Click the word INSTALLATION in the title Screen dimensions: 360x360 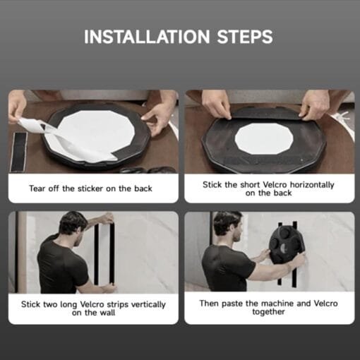[147, 37]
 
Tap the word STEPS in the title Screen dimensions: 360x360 [245, 37]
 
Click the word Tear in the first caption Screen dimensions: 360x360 [37, 188]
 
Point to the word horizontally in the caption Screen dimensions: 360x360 [312, 185]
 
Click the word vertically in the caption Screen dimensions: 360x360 [148, 304]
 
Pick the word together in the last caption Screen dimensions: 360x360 [268, 312]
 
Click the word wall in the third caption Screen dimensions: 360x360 [107, 313]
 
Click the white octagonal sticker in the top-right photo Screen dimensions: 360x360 [264, 139]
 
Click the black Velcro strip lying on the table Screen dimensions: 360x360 [19, 151]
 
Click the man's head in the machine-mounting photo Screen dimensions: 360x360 [228, 226]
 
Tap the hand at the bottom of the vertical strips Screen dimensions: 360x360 [108, 288]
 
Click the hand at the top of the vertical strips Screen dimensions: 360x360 [109, 219]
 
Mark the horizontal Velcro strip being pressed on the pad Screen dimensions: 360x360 [265, 114]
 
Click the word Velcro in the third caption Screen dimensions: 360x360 [92, 304]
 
